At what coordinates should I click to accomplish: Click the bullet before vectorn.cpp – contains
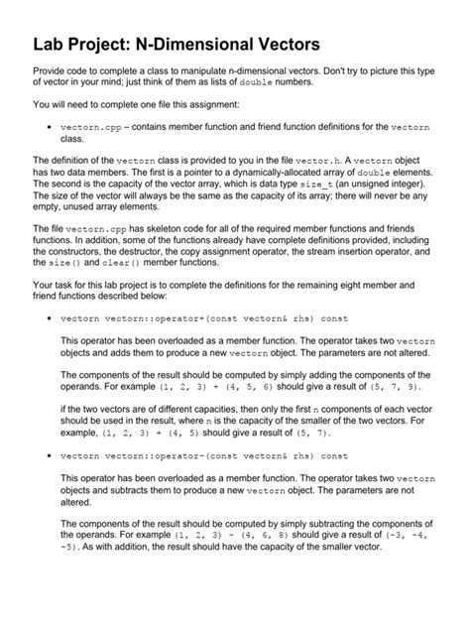click(x=50, y=128)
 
